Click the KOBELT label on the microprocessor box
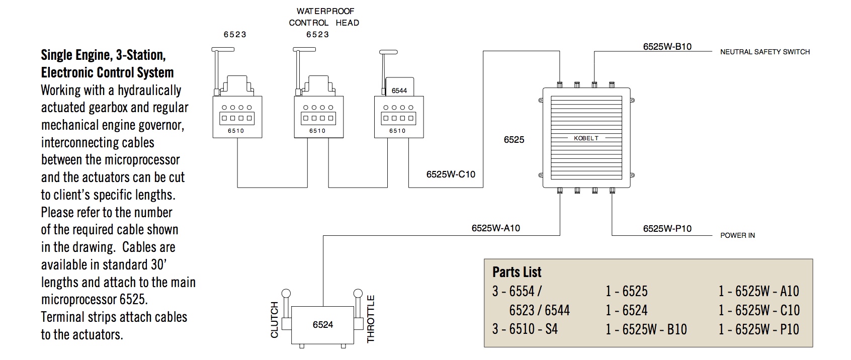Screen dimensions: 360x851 point(586,138)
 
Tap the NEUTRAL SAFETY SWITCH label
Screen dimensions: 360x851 point(764,52)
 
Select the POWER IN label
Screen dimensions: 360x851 point(737,235)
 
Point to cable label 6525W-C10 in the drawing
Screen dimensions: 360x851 point(451,174)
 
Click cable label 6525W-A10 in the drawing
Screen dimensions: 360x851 point(495,228)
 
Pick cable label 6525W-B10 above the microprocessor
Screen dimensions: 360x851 point(667,47)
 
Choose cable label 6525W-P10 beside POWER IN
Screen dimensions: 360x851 point(667,229)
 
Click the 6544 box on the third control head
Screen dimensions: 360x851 point(399,91)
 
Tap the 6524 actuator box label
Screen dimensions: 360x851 point(322,325)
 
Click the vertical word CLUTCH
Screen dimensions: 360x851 point(275,320)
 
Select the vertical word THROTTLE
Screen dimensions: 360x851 point(371,319)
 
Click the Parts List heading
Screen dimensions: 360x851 point(517,272)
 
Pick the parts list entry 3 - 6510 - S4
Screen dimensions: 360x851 point(525,329)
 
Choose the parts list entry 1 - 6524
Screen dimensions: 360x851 point(626,310)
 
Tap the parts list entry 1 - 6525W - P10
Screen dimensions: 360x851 point(758,329)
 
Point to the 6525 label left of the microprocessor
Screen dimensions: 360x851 point(514,140)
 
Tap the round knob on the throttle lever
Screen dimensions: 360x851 point(358,294)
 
